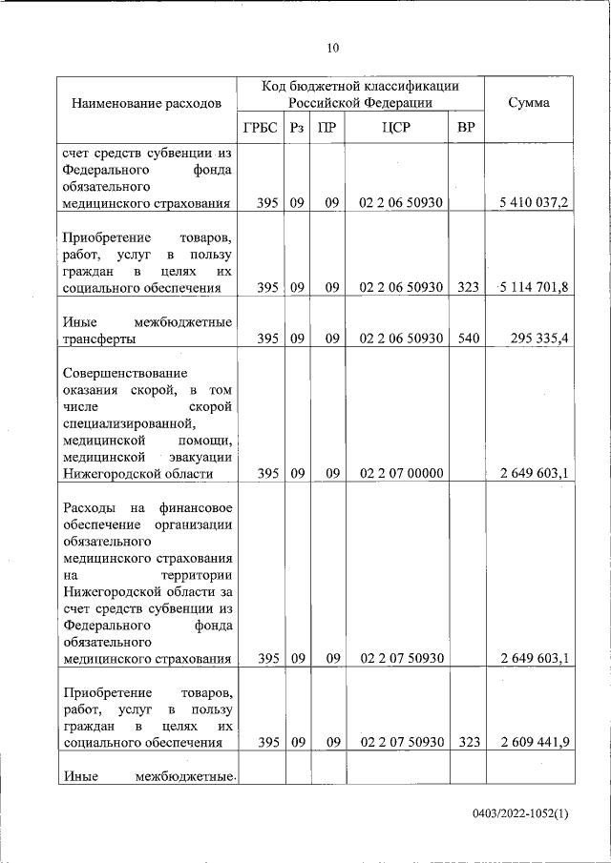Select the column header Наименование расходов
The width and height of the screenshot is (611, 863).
click(146, 102)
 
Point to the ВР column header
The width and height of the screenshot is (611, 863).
click(466, 128)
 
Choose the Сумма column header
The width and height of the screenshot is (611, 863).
click(528, 102)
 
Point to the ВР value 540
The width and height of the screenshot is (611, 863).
click(467, 339)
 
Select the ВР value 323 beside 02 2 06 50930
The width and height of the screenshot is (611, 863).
click(467, 288)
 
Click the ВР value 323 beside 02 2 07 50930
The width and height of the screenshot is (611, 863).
click(467, 743)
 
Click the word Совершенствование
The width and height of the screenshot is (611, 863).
click(125, 372)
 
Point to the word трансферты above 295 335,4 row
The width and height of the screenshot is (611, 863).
click(98, 339)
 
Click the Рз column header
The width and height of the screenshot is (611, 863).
click(297, 128)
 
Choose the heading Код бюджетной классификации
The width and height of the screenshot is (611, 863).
click(361, 86)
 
